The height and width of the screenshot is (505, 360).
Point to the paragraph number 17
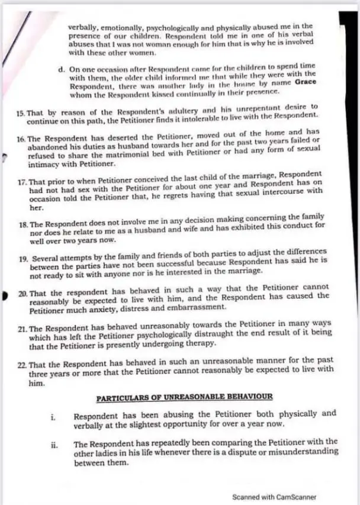point(24,176)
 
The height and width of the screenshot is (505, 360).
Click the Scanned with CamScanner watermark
point(274,497)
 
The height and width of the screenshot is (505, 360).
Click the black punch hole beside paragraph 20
point(7,294)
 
